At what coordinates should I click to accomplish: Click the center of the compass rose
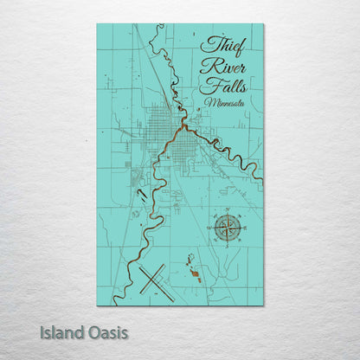click(228, 228)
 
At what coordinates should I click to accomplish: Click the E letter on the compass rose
click(246, 228)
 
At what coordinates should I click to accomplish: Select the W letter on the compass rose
click(210, 228)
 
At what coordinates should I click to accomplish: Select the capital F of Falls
click(206, 86)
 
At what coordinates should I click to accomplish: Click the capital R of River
click(206, 66)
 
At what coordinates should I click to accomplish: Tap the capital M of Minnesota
click(209, 103)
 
